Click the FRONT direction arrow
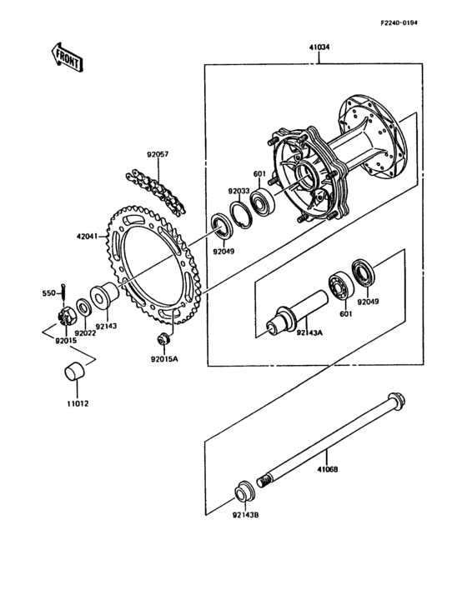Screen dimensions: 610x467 pos(67,56)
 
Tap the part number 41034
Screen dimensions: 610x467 pos(319,48)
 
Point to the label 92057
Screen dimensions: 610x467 pos(158,155)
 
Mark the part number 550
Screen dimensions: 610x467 pos(49,292)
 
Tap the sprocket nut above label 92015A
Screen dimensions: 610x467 pos(163,340)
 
